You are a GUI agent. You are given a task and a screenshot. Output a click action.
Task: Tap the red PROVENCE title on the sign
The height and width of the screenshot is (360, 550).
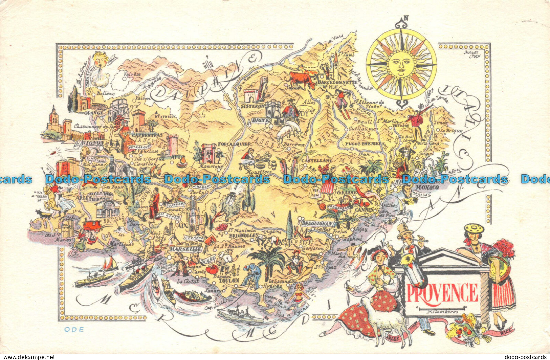(442, 293)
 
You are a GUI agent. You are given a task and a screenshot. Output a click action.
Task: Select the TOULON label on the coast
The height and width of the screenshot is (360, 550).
(229, 280)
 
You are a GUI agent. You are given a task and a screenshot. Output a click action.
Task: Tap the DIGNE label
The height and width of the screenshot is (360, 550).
(261, 120)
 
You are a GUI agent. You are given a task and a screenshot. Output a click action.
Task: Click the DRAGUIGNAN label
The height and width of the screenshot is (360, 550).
(316, 224)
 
